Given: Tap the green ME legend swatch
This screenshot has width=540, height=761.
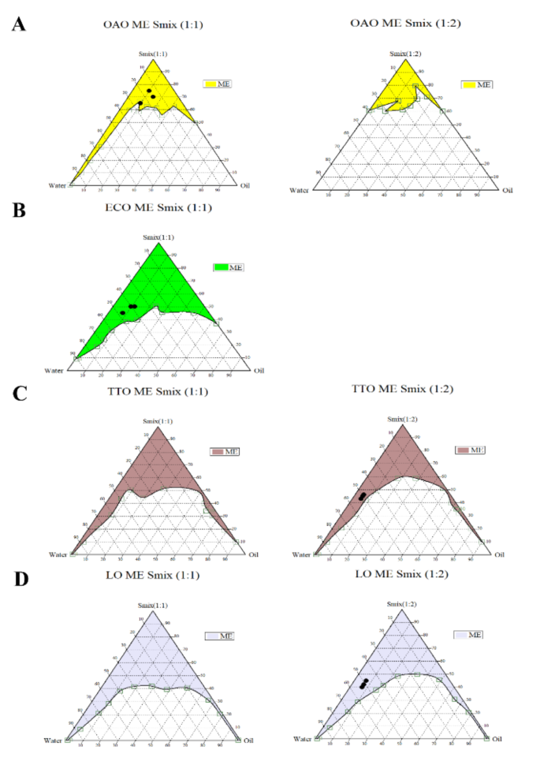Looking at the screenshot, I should point(220,267).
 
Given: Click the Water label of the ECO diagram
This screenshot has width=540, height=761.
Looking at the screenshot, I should point(54,370).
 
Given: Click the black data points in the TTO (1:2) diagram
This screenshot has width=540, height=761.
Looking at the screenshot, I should point(363,496).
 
